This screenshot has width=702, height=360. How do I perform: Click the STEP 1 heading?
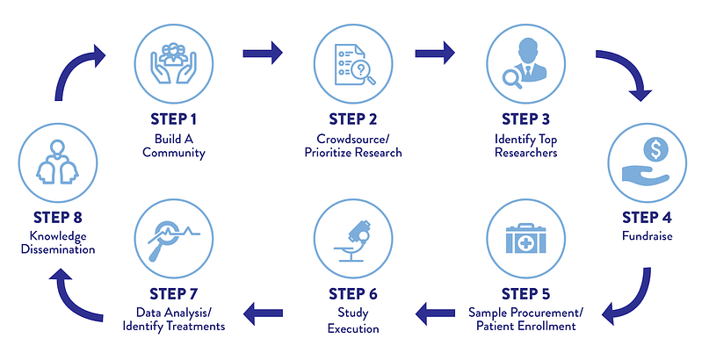coord(174,119)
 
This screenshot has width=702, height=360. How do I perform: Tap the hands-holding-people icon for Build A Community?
coord(174,63)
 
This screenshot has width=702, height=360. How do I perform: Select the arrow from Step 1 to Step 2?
coord(263,54)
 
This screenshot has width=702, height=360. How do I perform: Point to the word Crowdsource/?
coord(353,139)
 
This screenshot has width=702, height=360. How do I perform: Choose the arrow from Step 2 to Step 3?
coord(435,54)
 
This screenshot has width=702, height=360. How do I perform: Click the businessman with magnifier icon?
coord(525,63)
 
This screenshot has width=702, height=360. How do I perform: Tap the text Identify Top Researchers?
coord(526,146)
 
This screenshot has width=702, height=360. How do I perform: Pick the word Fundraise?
coord(648,235)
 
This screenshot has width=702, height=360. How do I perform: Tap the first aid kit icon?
coord(526,239)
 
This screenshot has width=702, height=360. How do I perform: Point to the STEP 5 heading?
coord(525,294)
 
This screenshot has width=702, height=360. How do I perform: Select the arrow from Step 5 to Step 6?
coord(435,313)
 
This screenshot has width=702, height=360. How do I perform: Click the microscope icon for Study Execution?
coord(353,241)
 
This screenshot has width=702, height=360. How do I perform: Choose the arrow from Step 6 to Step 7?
coord(263,313)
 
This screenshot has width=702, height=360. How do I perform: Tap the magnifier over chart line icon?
coord(174,241)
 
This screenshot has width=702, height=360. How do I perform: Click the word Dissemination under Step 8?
coord(58,249)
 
